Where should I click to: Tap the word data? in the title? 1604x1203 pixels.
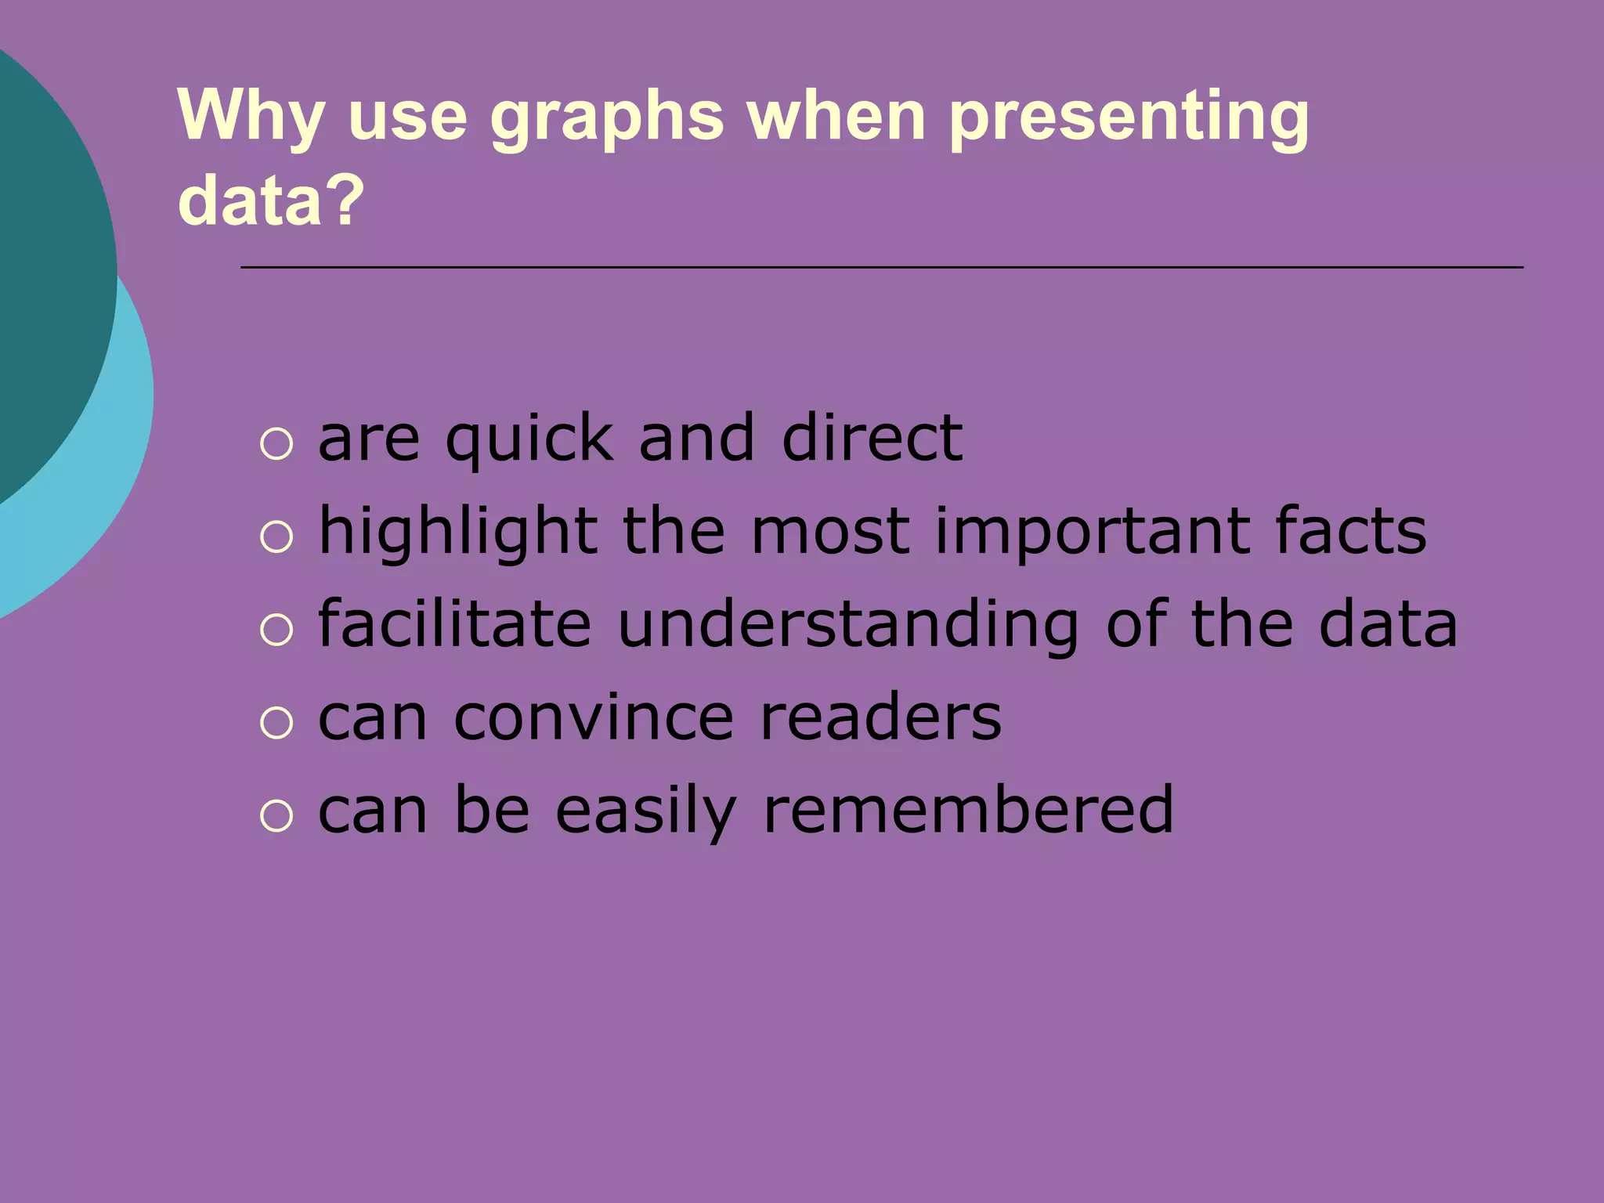tap(271, 200)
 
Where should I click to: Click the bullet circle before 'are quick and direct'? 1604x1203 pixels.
tap(276, 444)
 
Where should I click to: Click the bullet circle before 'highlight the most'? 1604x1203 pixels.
tap(276, 537)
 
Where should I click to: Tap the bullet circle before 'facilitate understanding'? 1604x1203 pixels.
tap(276, 630)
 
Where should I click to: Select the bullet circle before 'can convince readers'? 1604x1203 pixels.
tap(276, 723)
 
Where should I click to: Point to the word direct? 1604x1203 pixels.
tap(872, 438)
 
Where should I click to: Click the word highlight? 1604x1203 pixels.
tap(458, 533)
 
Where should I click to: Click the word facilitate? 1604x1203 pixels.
tap(454, 624)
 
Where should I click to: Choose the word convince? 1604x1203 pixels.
tap(594, 719)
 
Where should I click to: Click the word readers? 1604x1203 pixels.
tap(881, 717)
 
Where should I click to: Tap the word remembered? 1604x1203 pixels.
tap(968, 811)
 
